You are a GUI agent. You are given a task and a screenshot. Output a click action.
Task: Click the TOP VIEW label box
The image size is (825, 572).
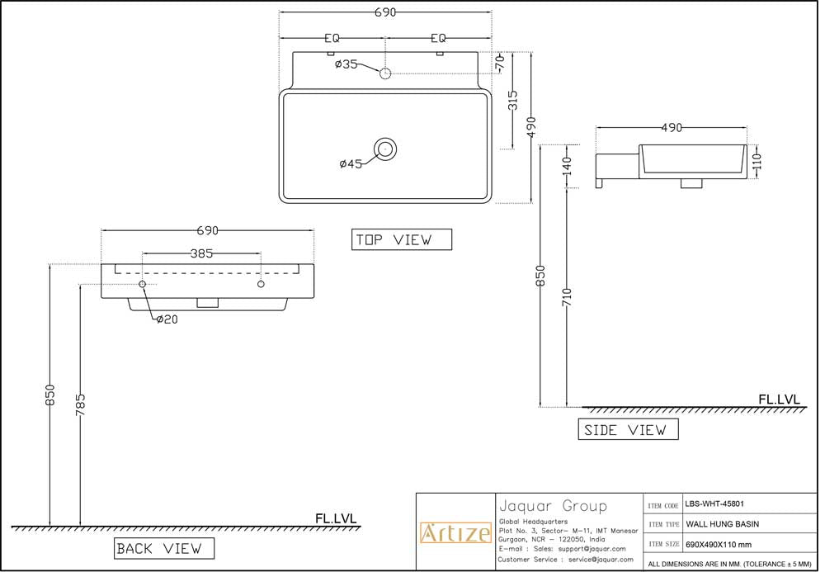click(x=402, y=239)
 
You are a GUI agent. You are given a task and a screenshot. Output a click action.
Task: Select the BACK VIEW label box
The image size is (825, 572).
click(x=163, y=548)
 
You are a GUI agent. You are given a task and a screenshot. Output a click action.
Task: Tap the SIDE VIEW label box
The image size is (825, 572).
click(x=627, y=429)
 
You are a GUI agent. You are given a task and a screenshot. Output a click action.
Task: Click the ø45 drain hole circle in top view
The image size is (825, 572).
click(x=384, y=149)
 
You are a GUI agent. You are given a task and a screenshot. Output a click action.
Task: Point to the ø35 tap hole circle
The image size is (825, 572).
click(x=384, y=73)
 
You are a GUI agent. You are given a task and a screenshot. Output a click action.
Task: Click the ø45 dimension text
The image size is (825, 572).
click(x=351, y=163)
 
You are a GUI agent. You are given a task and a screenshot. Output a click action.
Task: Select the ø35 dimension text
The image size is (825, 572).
click(x=346, y=64)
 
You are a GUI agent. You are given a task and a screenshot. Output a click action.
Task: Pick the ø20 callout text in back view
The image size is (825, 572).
click(x=167, y=319)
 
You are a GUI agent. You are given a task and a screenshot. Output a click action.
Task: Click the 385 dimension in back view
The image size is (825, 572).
click(x=202, y=253)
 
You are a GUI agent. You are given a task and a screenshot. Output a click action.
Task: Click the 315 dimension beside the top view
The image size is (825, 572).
click(x=512, y=101)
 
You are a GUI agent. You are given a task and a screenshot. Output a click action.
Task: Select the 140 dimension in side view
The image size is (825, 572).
click(x=567, y=165)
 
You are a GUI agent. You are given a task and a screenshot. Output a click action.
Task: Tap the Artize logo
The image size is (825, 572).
click(x=455, y=533)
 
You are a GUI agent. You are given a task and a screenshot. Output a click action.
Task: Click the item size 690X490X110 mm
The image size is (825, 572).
click(x=718, y=544)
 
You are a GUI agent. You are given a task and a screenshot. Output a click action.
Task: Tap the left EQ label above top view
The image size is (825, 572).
click(x=332, y=38)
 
